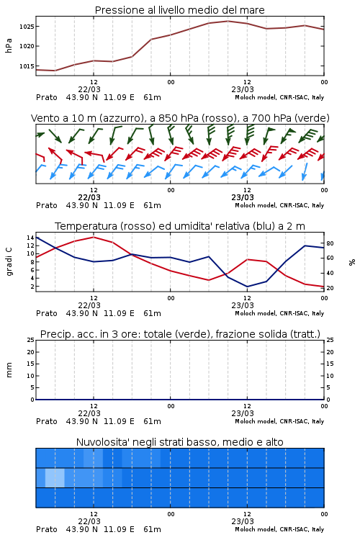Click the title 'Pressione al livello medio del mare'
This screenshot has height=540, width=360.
(x=179, y=10)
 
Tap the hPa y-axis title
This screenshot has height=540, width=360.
(x=9, y=45)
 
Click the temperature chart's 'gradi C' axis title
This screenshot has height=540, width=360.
(x=9, y=262)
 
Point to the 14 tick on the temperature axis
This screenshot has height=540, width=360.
(x=30, y=238)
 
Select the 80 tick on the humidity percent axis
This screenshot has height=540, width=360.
(x=330, y=243)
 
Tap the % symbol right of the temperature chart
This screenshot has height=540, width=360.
(x=352, y=262)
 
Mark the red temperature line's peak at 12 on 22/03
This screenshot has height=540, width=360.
(x=94, y=237)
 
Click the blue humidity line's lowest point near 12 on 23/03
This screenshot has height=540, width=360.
(x=247, y=287)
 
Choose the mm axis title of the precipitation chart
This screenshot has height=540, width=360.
(x=9, y=370)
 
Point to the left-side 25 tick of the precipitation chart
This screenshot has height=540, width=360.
(x=30, y=340)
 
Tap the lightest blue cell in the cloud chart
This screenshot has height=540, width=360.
(x=55, y=477)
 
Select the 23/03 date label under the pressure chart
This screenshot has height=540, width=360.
(x=242, y=89)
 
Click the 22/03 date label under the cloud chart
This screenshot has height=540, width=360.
(x=89, y=521)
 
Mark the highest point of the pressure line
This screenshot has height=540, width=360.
(x=228, y=21)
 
